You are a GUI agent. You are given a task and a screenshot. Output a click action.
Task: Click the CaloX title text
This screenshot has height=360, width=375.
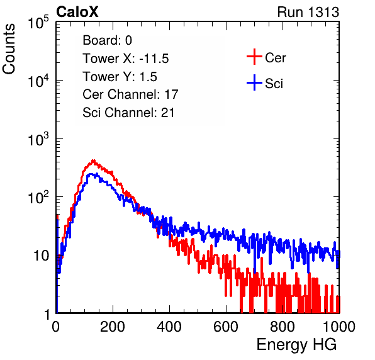click(77, 12)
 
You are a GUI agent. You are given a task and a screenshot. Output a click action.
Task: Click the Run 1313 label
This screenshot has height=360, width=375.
click(308, 12)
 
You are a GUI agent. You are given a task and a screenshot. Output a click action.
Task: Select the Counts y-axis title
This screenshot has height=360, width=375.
click(9, 49)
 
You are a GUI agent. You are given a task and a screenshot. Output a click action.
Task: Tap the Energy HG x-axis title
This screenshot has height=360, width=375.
click(296, 345)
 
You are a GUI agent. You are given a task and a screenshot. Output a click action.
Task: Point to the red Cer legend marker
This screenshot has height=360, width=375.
click(254, 57)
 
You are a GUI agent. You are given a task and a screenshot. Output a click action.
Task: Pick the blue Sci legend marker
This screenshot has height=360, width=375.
click(254, 82)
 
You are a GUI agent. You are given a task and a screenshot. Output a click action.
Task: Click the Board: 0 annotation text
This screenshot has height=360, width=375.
click(107, 40)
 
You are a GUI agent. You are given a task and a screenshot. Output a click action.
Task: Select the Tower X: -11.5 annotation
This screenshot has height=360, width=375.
click(126, 59)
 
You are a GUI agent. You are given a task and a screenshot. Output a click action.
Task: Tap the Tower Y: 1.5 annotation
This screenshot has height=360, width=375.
click(120, 77)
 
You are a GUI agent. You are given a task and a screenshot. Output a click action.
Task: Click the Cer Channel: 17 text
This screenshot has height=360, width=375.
click(130, 94)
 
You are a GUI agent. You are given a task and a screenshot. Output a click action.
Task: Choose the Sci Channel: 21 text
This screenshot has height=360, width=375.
click(128, 113)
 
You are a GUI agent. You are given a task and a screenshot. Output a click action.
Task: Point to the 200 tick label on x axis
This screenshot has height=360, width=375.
click(113, 327)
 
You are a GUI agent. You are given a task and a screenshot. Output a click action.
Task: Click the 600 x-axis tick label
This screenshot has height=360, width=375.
click(226, 327)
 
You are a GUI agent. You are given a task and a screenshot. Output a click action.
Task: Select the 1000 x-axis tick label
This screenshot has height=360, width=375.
click(339, 327)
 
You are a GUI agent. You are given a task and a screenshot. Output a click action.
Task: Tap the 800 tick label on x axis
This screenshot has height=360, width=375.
click(283, 327)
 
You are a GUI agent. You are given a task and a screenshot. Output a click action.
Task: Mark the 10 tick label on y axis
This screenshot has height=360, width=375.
click(41, 256)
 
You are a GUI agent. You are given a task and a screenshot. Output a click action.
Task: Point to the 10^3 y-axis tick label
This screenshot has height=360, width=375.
click(38, 139)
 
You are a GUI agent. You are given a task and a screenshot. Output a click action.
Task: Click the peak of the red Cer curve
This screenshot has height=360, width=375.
click(94, 160)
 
